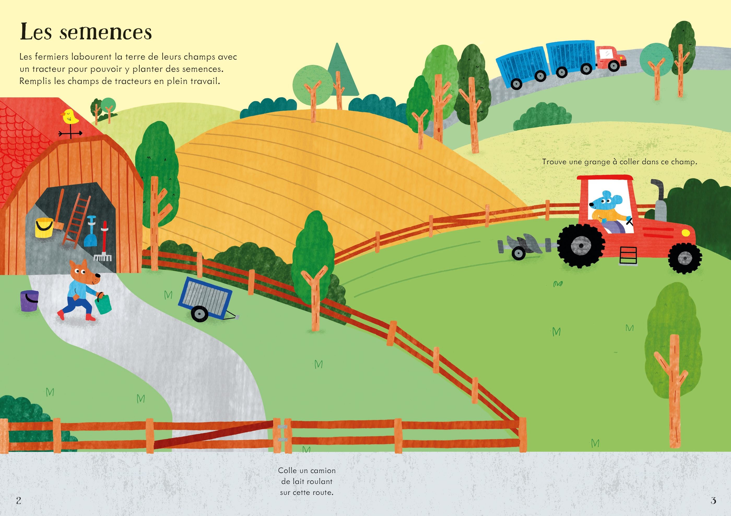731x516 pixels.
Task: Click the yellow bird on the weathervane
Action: tap(70, 117)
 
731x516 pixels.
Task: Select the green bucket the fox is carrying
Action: tap(103, 305)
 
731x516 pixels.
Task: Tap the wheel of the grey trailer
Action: tap(200, 313)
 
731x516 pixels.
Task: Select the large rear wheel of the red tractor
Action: tap(581, 245)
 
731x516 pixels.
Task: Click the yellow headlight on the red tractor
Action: tap(686, 233)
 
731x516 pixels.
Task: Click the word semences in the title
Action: tap(106, 32)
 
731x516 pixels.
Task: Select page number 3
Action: tap(713, 500)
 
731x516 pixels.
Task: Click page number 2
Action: tap(19, 500)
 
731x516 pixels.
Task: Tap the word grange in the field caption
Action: tap(597, 162)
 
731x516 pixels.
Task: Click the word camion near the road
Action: tap(323, 471)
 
